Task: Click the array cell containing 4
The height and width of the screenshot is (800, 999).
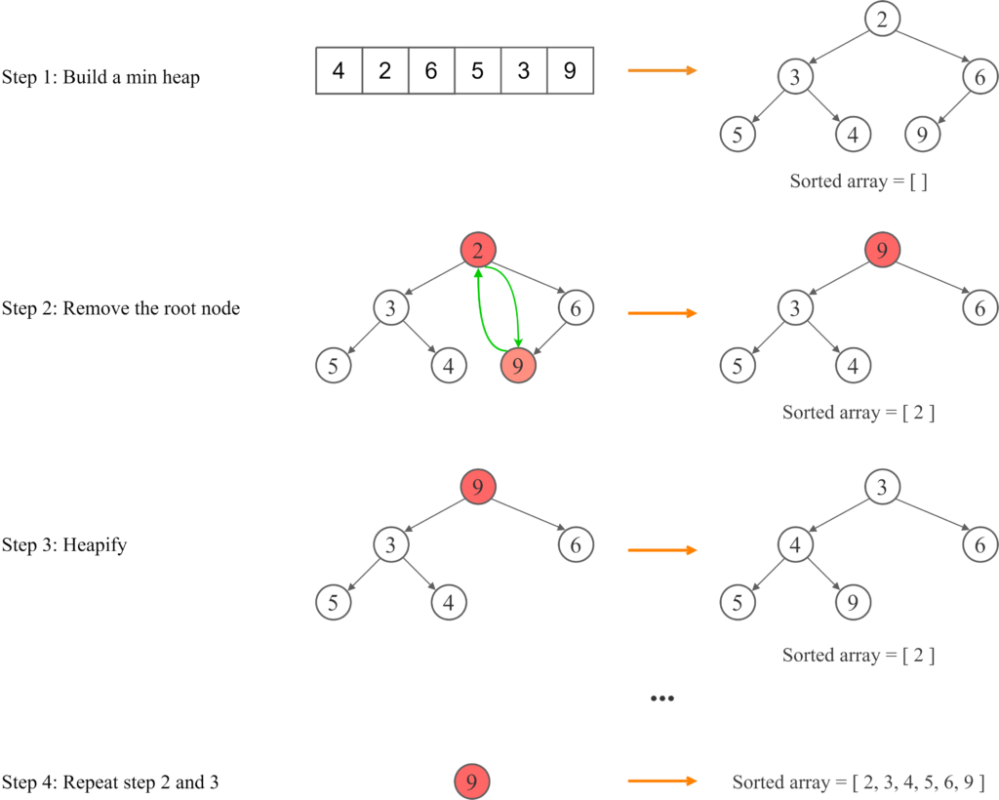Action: tap(339, 71)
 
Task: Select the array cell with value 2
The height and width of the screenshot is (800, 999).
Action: tap(384, 71)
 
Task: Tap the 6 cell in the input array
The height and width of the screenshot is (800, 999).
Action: tap(431, 71)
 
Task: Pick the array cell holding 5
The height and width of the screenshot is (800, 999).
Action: tap(477, 71)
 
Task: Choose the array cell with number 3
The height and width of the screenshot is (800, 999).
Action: tap(524, 71)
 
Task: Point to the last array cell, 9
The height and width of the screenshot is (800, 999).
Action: tap(570, 71)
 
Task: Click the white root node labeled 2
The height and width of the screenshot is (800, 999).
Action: tap(882, 19)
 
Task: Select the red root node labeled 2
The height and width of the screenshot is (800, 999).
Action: tap(478, 252)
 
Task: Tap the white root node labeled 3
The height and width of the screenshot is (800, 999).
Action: tap(882, 487)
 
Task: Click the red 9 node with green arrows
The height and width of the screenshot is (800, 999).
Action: tap(518, 367)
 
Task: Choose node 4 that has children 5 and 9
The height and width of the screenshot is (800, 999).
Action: tap(795, 545)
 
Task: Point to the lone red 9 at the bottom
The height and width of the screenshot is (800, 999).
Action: tap(471, 781)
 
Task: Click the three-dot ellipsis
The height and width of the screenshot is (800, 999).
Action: tap(661, 699)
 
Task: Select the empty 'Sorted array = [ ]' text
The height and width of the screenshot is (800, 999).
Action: tap(858, 181)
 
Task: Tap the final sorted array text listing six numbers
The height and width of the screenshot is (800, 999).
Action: tap(859, 782)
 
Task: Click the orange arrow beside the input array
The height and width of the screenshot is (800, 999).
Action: tap(661, 71)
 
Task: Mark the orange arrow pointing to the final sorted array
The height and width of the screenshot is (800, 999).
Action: tap(661, 781)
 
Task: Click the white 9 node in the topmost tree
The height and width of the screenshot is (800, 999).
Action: tap(922, 135)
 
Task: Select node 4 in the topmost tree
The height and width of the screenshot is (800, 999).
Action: tap(853, 135)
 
